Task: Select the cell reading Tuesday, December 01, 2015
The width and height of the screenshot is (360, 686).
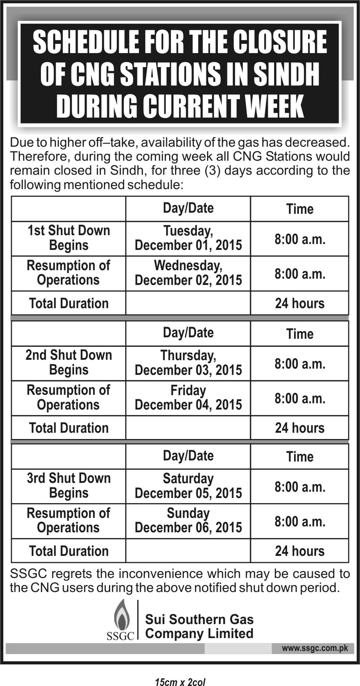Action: (x=188, y=238)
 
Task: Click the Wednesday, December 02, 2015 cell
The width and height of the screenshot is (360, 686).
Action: (x=188, y=273)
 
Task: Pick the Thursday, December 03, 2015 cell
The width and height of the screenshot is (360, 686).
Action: (x=188, y=363)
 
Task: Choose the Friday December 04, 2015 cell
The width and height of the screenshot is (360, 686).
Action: (x=188, y=397)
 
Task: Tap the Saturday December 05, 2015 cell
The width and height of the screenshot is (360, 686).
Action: (x=188, y=486)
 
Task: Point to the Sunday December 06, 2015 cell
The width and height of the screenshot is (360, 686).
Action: (x=188, y=520)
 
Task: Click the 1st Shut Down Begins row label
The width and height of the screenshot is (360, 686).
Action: (x=69, y=238)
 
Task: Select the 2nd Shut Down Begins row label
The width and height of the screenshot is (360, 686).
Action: (x=69, y=363)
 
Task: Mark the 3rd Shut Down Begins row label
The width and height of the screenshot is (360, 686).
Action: (x=69, y=486)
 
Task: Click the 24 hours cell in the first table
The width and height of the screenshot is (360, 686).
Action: (x=300, y=303)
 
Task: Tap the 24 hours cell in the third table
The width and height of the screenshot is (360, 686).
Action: (x=300, y=551)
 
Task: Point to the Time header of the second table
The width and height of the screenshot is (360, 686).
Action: (x=300, y=334)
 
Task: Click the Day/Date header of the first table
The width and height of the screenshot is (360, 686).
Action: (x=188, y=208)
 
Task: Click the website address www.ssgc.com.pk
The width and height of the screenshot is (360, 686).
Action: (x=315, y=648)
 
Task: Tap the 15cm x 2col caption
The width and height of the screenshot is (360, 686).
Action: (x=180, y=682)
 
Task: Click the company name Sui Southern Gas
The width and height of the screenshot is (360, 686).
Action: (x=199, y=619)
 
